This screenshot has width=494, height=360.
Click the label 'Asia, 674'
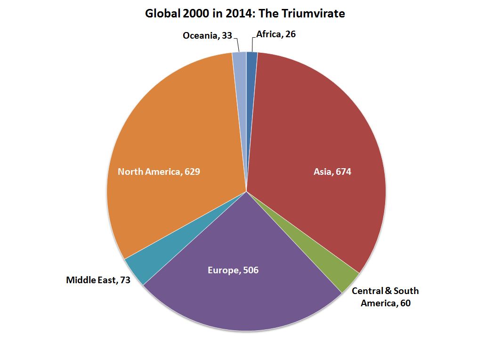(332, 172)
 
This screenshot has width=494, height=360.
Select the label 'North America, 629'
(159, 172)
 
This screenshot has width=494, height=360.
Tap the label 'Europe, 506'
(233, 270)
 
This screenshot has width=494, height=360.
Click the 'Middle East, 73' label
(98, 280)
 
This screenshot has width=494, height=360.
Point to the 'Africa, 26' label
(276, 34)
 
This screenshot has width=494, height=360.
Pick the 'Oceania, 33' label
(208, 35)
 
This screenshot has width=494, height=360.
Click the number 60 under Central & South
(405, 303)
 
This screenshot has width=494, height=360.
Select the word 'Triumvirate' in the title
(317, 14)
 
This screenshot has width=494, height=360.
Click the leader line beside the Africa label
(253, 41)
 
